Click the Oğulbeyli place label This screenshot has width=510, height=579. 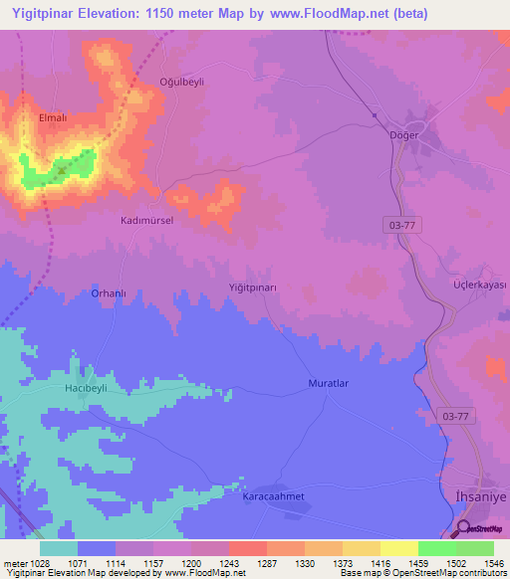click(181, 83)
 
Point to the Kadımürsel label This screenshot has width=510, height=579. click(146, 221)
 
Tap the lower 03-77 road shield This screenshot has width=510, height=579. click(453, 415)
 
